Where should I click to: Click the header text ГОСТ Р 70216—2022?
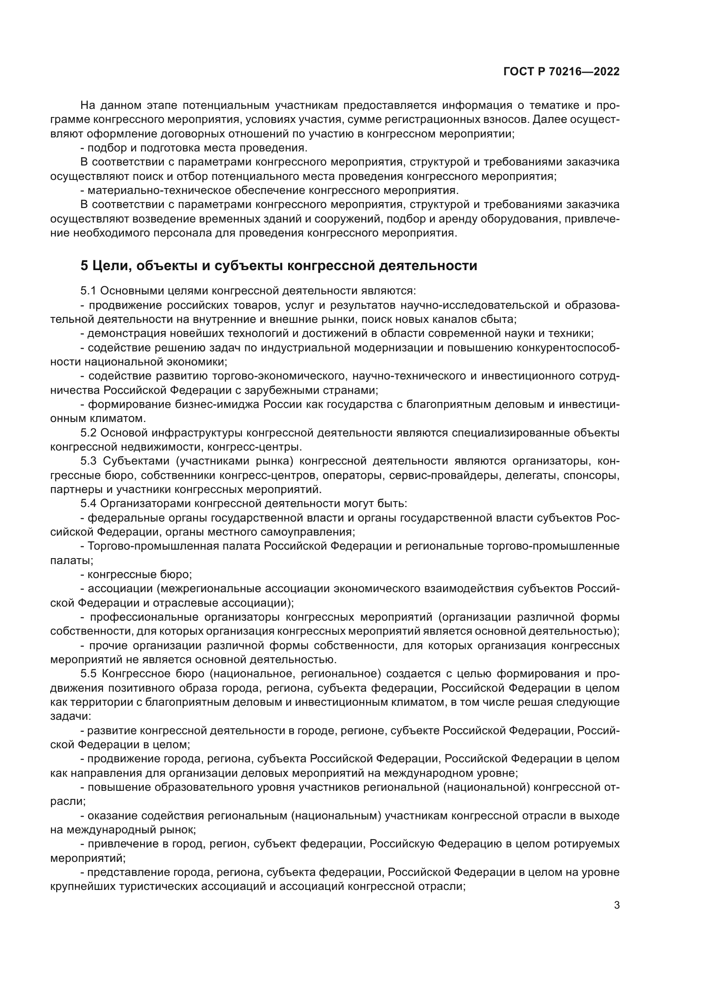(x=561, y=72)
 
